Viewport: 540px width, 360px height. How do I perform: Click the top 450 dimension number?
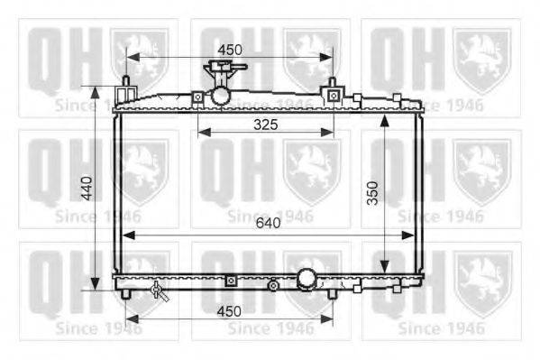coord(230,50)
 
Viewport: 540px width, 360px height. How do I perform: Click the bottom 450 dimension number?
coord(229,311)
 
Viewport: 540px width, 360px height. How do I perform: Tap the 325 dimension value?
coord(266,125)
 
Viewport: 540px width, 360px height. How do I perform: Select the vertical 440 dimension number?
coord(87,189)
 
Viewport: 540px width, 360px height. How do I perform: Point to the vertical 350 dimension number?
coord(372,193)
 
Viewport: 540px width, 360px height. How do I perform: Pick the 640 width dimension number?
coord(268,223)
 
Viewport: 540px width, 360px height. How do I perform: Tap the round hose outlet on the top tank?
coord(220,97)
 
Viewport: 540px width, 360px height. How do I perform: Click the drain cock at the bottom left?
coord(160,291)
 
